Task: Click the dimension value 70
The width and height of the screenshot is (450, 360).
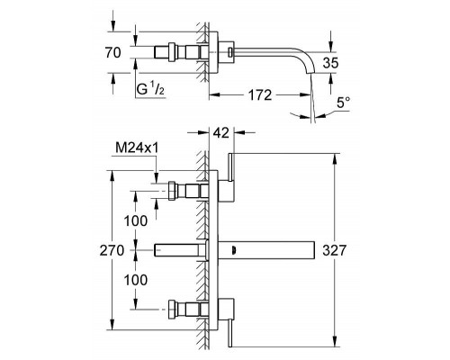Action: pyautogui.click(x=113, y=53)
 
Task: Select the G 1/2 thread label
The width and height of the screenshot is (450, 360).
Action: pyautogui.click(x=151, y=89)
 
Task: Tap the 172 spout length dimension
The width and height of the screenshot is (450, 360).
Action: pyautogui.click(x=260, y=95)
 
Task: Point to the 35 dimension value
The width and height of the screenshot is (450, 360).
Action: pyautogui.click(x=330, y=63)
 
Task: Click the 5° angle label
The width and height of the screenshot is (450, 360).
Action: pyautogui.click(x=343, y=103)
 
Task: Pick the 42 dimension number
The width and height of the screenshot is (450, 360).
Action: pyautogui.click(x=221, y=132)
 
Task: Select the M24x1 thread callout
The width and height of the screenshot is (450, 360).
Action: pyautogui.click(x=137, y=148)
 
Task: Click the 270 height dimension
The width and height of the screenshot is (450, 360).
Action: pyautogui.click(x=112, y=250)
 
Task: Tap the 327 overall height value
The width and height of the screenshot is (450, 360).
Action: pyautogui.click(x=334, y=250)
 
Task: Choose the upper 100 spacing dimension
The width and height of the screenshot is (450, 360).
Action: pyautogui.click(x=136, y=221)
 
